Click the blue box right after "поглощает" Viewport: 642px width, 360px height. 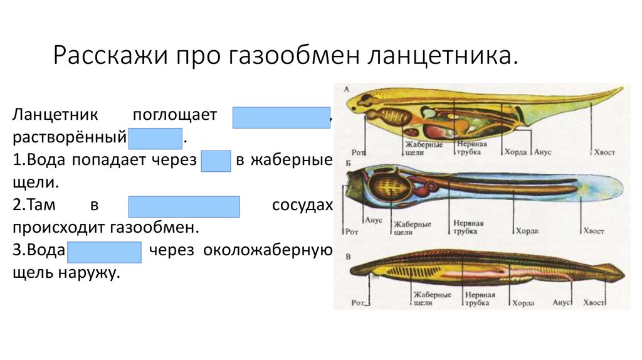282,117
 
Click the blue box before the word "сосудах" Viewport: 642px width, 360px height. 184,206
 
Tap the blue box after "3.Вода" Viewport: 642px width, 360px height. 105,251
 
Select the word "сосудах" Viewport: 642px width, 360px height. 302,206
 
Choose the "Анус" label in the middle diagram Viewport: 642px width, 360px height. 373,220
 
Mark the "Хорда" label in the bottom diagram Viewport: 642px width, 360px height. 524,303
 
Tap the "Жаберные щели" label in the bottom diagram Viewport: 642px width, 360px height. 424,299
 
